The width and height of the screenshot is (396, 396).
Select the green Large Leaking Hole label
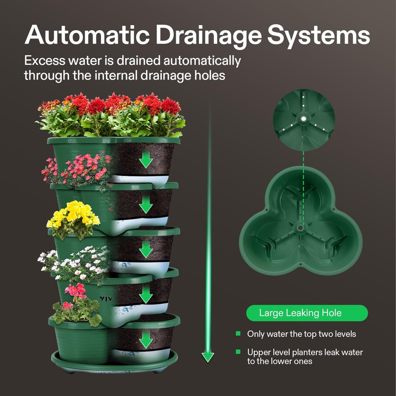coord(307,313)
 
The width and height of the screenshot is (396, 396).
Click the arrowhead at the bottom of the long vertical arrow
coord(208,356)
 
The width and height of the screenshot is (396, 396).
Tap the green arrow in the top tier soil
coord(146,160)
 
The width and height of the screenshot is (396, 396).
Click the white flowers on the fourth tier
coord(74,261)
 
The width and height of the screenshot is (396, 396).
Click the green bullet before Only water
coord(238,334)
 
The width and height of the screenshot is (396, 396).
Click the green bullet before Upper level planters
coord(238,352)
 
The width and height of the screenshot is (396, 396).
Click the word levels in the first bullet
coord(344,334)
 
